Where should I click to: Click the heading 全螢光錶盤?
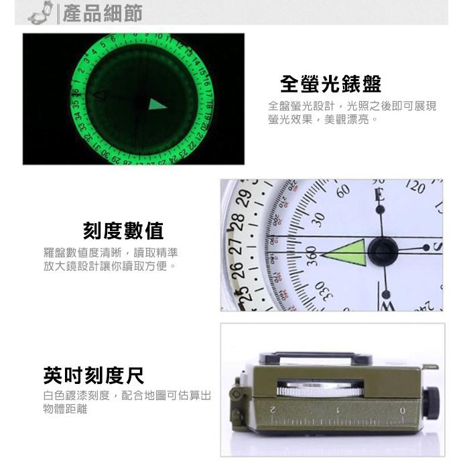[330, 84]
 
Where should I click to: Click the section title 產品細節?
[103, 13]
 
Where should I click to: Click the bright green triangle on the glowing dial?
[157, 104]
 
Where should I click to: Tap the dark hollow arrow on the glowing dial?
[99, 95]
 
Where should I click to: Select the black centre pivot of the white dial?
[383, 251]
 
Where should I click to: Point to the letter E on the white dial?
[379, 196]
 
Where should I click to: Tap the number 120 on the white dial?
[415, 187]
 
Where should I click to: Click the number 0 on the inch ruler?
[402, 410]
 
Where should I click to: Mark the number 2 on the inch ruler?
[273, 409]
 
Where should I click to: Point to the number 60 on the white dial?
[342, 192]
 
